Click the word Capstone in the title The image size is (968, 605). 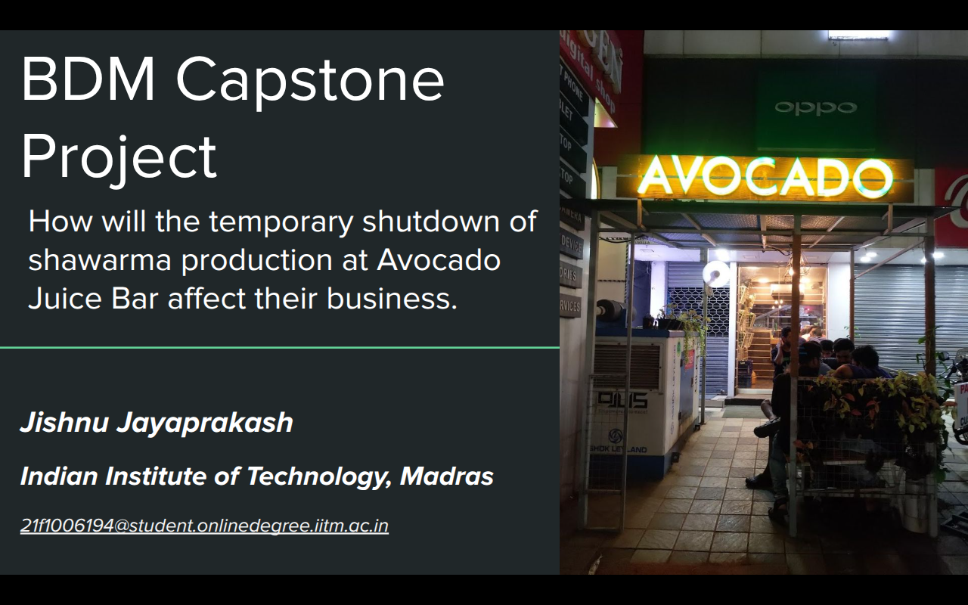pyautogui.click(x=310, y=80)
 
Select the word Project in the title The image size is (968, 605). pyautogui.click(x=119, y=157)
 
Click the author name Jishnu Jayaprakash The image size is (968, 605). pyautogui.click(x=157, y=422)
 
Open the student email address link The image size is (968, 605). pyautogui.click(x=204, y=526)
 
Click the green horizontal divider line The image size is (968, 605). pyautogui.click(x=280, y=348)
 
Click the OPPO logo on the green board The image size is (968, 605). pyautogui.click(x=815, y=107)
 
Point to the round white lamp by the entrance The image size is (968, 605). pyautogui.click(x=716, y=274)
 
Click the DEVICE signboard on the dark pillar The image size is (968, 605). pyautogui.click(x=571, y=244)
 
